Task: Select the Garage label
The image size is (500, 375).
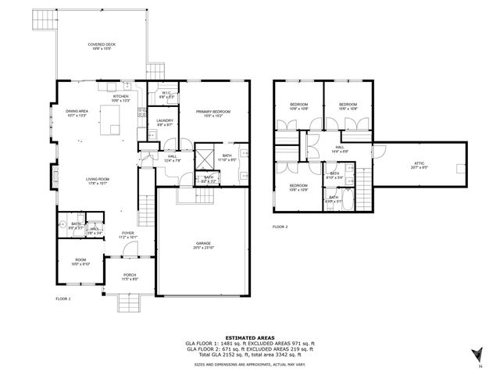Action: (x=204, y=245)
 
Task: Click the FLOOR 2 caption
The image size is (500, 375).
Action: (x=280, y=226)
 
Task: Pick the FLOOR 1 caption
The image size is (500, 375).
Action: (x=63, y=299)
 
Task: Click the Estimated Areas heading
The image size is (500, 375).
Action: (x=249, y=337)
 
